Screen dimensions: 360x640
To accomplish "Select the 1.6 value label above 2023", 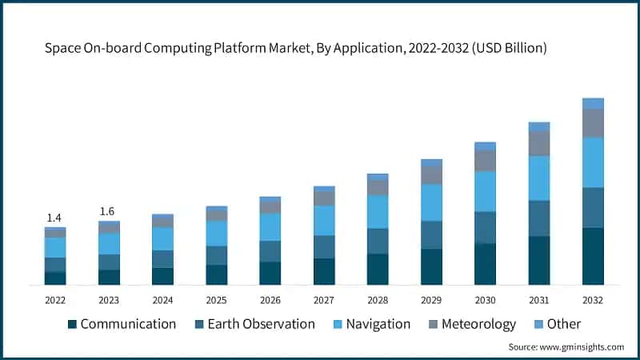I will click(x=107, y=211).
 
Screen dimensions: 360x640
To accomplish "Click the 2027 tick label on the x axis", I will click(x=323, y=300).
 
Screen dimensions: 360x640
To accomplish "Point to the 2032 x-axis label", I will click(x=593, y=300).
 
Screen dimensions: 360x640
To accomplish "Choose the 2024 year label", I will click(x=162, y=300).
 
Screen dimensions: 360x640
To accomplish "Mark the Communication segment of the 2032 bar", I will click(x=593, y=256).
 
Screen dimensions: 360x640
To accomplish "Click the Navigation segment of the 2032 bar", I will click(x=593, y=162).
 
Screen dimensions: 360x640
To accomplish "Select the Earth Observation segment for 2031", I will click(x=539, y=218).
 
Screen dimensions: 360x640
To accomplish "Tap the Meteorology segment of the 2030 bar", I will click(x=485, y=161).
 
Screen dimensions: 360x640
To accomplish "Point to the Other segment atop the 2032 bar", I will click(x=593, y=103).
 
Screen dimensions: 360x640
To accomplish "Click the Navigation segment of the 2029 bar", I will click(x=431, y=202).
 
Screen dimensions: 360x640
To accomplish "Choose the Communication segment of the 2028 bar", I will click(x=378, y=269).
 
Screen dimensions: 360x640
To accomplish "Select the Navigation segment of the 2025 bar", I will click(x=216, y=234).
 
